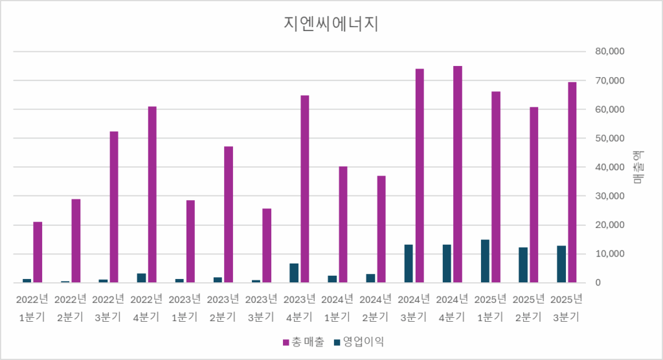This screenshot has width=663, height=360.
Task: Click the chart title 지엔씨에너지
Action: (x=331, y=24)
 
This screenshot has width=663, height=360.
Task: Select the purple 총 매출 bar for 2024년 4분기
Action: (x=458, y=174)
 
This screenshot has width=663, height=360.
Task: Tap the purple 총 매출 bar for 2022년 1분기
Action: (x=38, y=252)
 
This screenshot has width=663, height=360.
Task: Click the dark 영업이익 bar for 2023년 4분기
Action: (x=294, y=273)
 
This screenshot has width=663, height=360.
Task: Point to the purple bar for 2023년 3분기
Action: (x=267, y=245)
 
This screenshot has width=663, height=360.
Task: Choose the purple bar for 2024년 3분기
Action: (x=420, y=175)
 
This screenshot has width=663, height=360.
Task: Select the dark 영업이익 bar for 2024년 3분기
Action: (x=409, y=264)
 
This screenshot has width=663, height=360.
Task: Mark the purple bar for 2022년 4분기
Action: (x=152, y=194)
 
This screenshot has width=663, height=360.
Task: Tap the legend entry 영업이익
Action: (x=358, y=341)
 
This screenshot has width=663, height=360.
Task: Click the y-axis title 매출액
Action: (x=638, y=167)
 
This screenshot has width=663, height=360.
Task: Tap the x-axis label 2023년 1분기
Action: (x=185, y=308)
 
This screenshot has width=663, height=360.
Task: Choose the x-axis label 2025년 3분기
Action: (x=567, y=308)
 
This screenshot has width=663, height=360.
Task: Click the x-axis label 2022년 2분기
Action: (x=71, y=308)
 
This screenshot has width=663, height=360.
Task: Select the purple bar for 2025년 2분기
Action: (x=534, y=195)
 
